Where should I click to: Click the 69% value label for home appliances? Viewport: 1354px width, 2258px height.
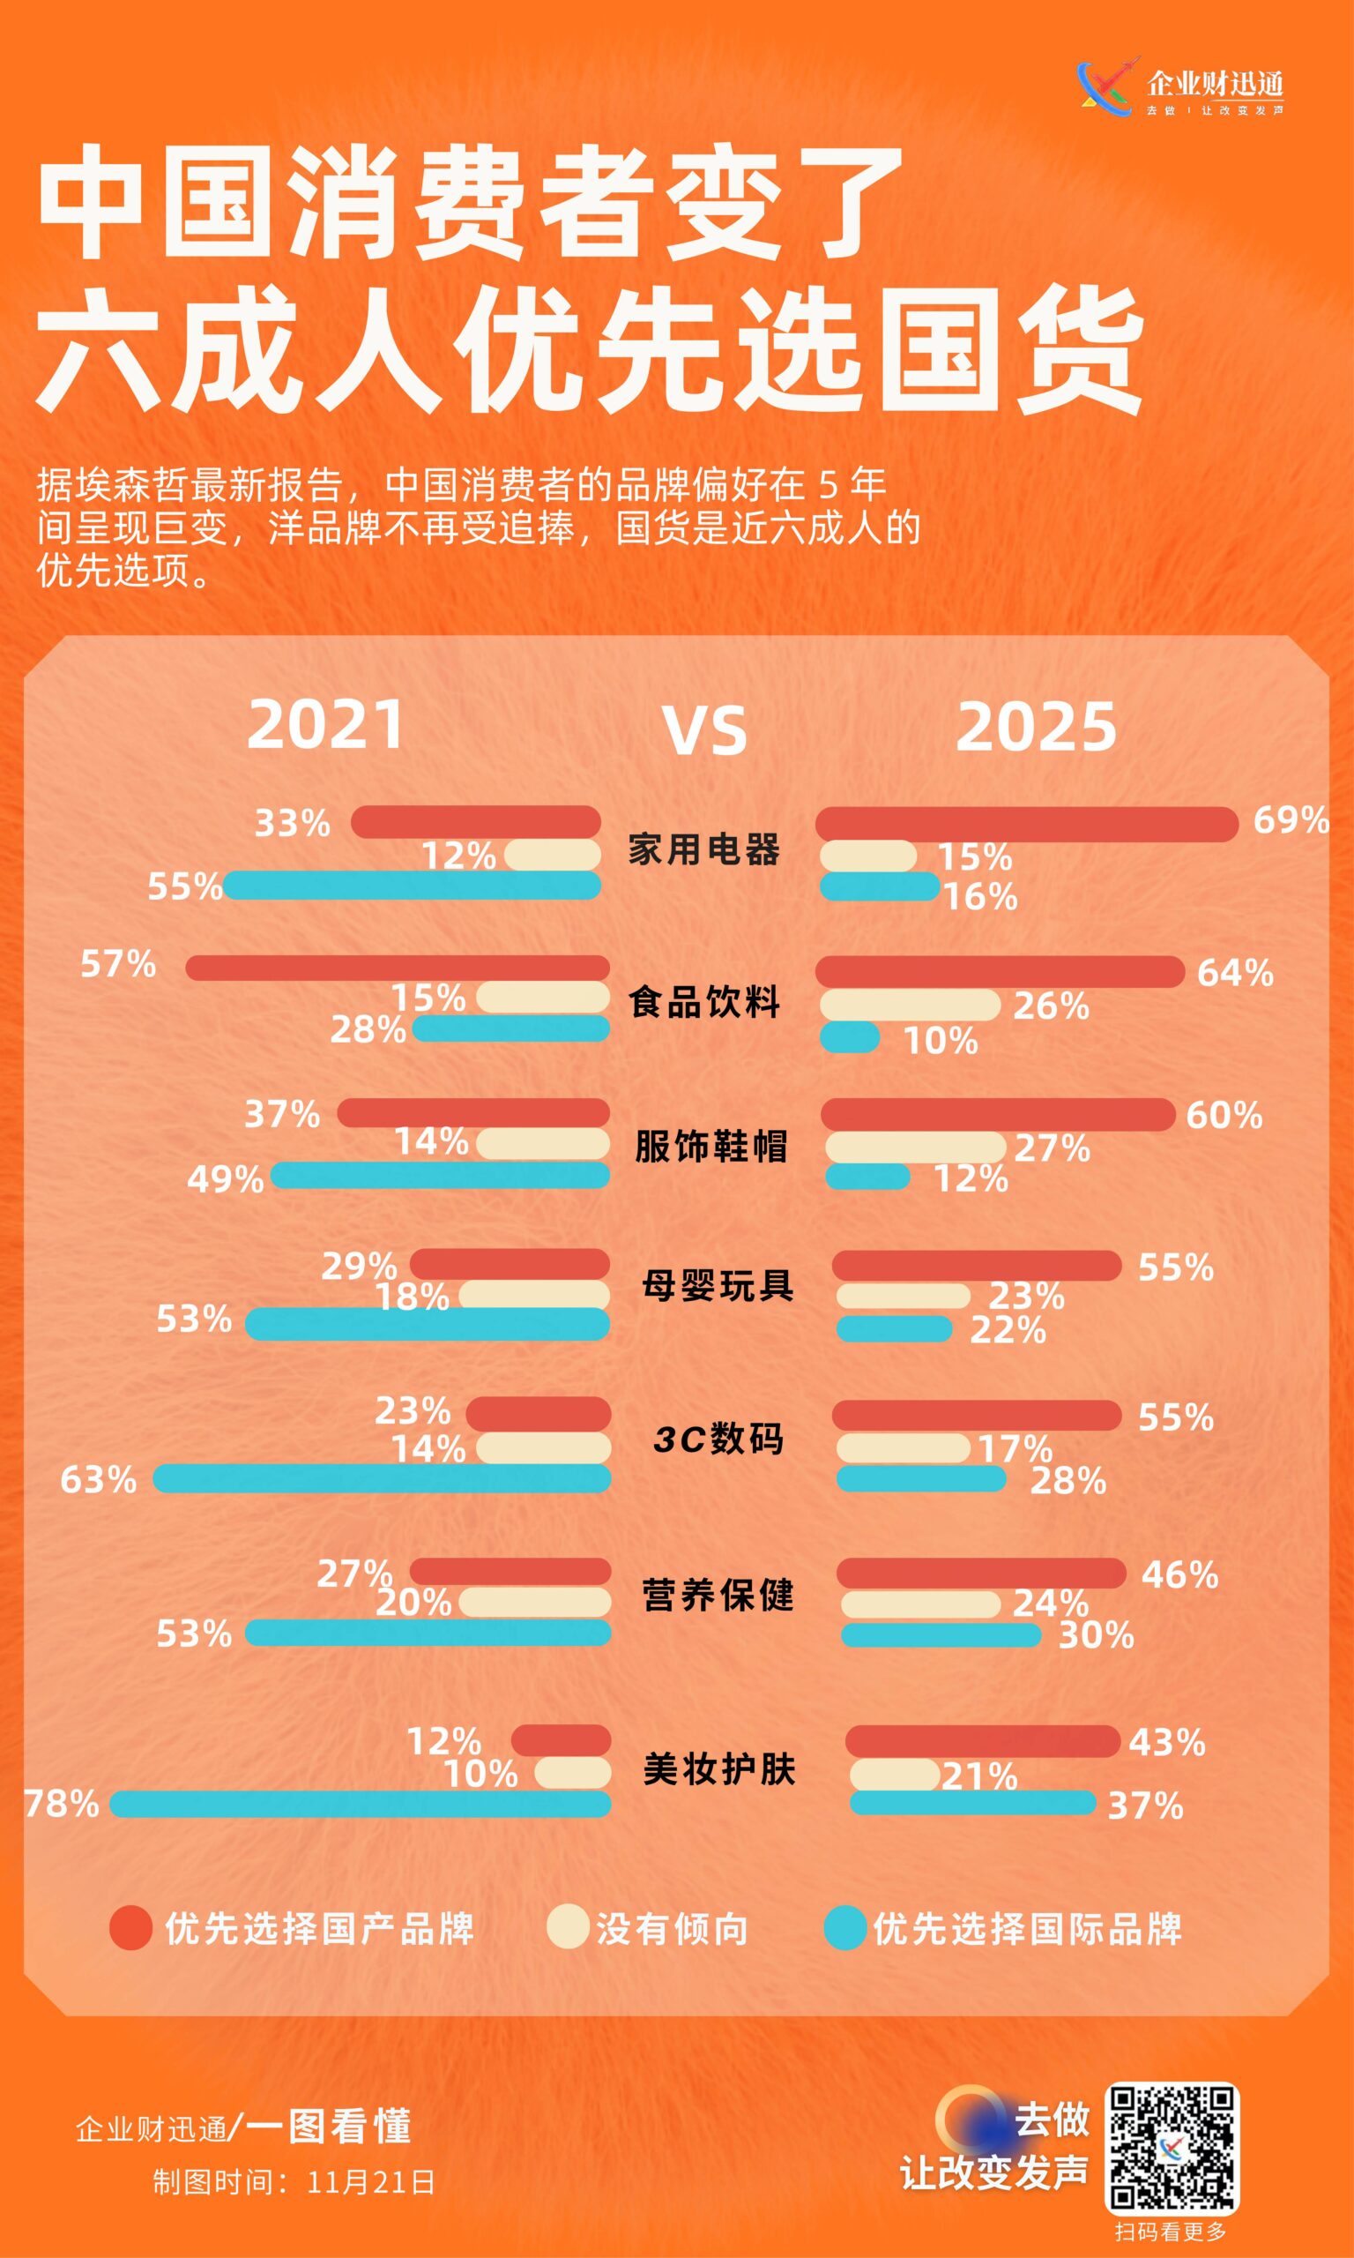tap(1291, 820)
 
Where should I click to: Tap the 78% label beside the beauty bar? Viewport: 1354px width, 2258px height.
tap(62, 1804)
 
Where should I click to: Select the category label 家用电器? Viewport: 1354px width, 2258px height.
tap(703, 849)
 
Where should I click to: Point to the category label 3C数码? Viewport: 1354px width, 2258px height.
tap(718, 1439)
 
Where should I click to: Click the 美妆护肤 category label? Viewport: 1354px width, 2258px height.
tap(719, 1768)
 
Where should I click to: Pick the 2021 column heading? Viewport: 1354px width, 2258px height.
tap(326, 726)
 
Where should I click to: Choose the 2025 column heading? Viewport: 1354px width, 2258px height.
tap(1036, 728)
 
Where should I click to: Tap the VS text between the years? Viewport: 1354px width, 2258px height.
tap(704, 731)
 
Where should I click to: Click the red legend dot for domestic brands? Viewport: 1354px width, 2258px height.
tap(131, 1927)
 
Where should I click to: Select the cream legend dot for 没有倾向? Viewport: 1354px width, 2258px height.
tap(568, 1926)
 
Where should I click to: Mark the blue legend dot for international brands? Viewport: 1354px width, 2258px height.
tap(844, 1927)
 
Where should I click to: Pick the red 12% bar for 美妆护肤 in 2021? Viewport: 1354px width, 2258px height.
tap(562, 1740)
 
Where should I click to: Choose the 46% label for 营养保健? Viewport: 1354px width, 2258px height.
tap(1179, 1574)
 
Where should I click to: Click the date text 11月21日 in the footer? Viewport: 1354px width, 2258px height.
tap(371, 2182)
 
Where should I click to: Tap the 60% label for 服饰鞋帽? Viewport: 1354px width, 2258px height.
tap(1224, 1114)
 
